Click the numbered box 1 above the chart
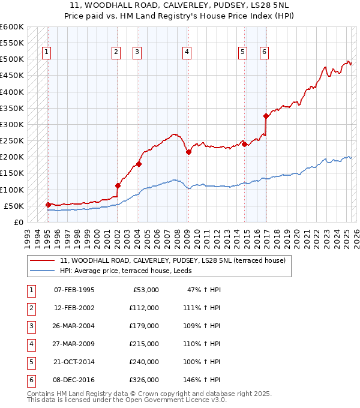click(x=47, y=52)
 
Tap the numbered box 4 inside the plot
click(x=187, y=52)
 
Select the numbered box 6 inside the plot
click(x=264, y=52)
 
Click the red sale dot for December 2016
click(x=266, y=116)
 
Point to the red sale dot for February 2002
click(x=118, y=185)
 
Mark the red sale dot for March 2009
click(x=188, y=152)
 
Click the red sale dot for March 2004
click(x=139, y=164)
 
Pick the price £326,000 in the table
click(x=145, y=379)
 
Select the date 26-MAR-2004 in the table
click(x=74, y=325)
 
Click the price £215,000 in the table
click(x=145, y=343)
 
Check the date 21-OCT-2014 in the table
click(x=74, y=361)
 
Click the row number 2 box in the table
click(x=30, y=307)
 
